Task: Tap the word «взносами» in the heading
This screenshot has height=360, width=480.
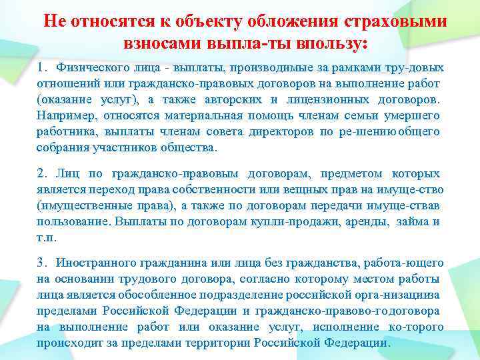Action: tap(161, 44)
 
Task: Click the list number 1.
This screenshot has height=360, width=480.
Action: tap(42, 68)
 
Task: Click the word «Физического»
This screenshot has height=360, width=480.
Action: tap(89, 68)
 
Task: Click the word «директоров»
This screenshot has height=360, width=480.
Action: tap(281, 132)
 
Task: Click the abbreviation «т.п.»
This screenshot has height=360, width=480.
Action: tap(46, 238)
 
